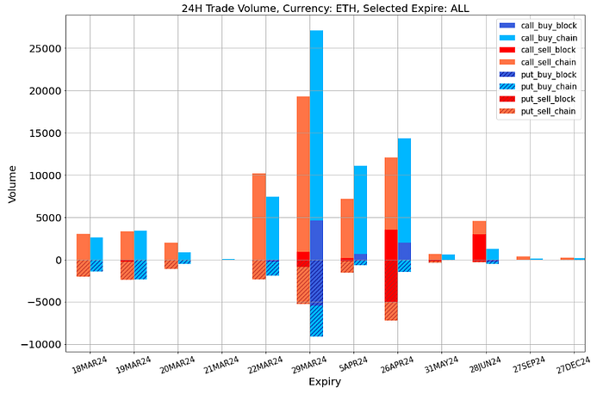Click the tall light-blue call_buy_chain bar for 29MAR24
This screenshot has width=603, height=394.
point(317,129)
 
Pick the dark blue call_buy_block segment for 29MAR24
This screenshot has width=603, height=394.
point(317,240)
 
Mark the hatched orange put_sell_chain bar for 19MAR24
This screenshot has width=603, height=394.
point(127,270)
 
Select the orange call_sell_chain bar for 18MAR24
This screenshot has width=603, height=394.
point(83,247)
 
